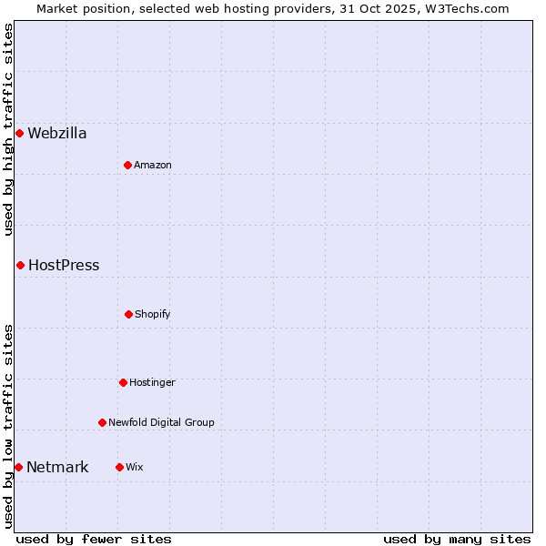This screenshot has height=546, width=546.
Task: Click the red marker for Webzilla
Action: pos(19,134)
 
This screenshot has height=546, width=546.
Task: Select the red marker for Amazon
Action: pos(127,165)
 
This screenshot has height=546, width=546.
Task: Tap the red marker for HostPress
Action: pos(20,266)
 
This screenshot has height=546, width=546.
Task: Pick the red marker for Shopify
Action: pos(128,314)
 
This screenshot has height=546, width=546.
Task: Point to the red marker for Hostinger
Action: pos(123,382)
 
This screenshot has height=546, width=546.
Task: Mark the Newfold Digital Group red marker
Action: pos(102,422)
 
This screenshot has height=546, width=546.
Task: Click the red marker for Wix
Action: pos(119,467)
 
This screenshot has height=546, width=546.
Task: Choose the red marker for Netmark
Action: pos(18,468)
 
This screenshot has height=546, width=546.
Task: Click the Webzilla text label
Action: pos(57,134)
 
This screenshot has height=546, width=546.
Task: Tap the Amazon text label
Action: pos(153,165)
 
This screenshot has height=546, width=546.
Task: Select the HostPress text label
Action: pos(64,266)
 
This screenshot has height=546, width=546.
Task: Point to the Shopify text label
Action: pos(153,314)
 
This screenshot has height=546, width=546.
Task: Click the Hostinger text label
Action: pos(152,382)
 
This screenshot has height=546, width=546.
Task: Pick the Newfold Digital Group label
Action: pos(161,422)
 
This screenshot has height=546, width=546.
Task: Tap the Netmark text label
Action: pos(57,468)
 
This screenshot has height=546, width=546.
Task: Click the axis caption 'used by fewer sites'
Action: pos(94,539)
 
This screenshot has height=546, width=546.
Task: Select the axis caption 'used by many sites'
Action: pos(457,539)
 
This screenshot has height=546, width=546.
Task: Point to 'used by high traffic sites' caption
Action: pos(8,129)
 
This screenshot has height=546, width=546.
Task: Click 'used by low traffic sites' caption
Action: pos(8,425)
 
